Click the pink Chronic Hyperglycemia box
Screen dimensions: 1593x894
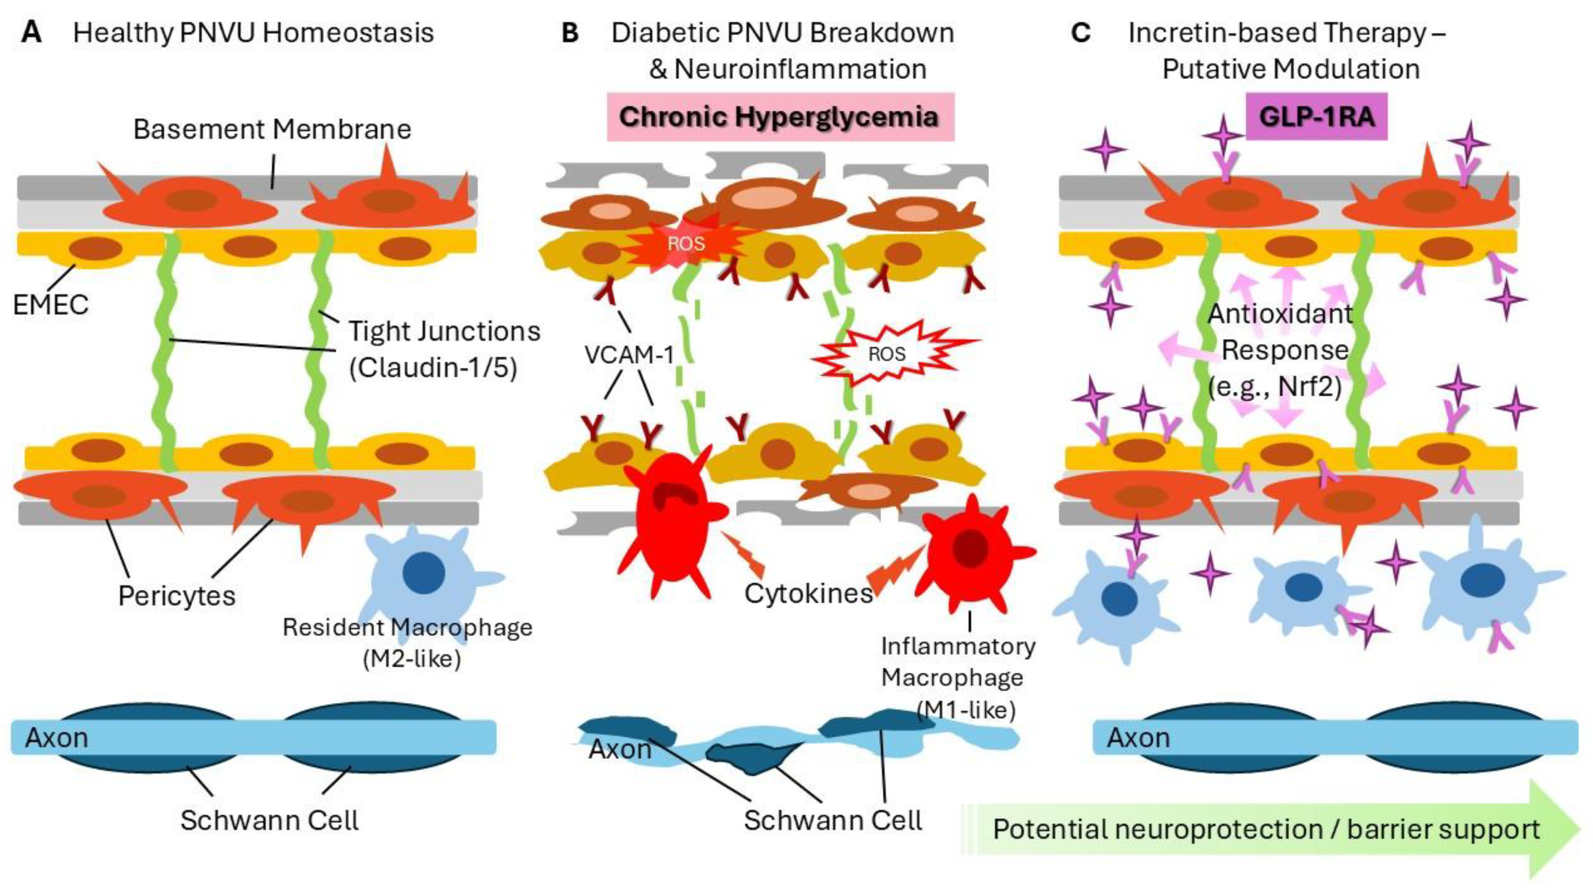tap(780, 117)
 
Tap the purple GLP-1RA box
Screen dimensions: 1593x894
tap(1317, 116)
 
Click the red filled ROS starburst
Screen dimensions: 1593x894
tap(686, 242)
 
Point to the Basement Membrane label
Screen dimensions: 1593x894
tap(272, 129)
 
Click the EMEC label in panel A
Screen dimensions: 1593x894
tap(51, 304)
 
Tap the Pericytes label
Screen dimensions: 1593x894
tap(177, 596)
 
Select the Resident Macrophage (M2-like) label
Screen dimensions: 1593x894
tap(407, 643)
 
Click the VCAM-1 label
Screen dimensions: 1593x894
tap(629, 355)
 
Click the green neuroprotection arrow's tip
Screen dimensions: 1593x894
tap(1581, 829)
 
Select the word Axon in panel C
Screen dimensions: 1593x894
tap(1138, 738)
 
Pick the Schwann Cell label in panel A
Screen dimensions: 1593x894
tap(269, 821)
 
